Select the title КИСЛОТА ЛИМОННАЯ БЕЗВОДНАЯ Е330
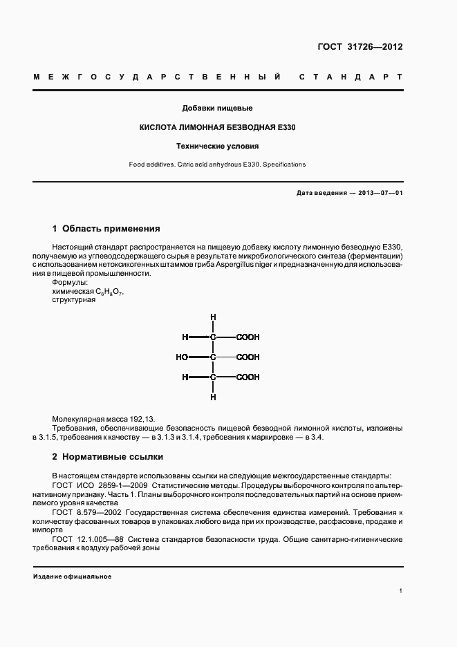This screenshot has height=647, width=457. (218, 128)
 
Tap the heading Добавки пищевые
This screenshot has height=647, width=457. (217, 109)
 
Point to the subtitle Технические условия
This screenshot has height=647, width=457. (218, 147)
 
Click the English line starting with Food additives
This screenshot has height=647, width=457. (217, 165)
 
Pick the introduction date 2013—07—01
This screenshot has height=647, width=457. (378, 193)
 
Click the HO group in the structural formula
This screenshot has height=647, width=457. (182, 357)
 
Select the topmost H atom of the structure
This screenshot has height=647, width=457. (213, 317)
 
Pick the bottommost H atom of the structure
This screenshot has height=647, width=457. (213, 397)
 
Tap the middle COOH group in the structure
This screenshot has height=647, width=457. (248, 357)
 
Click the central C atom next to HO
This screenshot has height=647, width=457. (213, 357)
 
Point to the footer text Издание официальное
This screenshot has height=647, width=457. (72, 576)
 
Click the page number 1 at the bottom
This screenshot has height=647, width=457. (400, 591)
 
